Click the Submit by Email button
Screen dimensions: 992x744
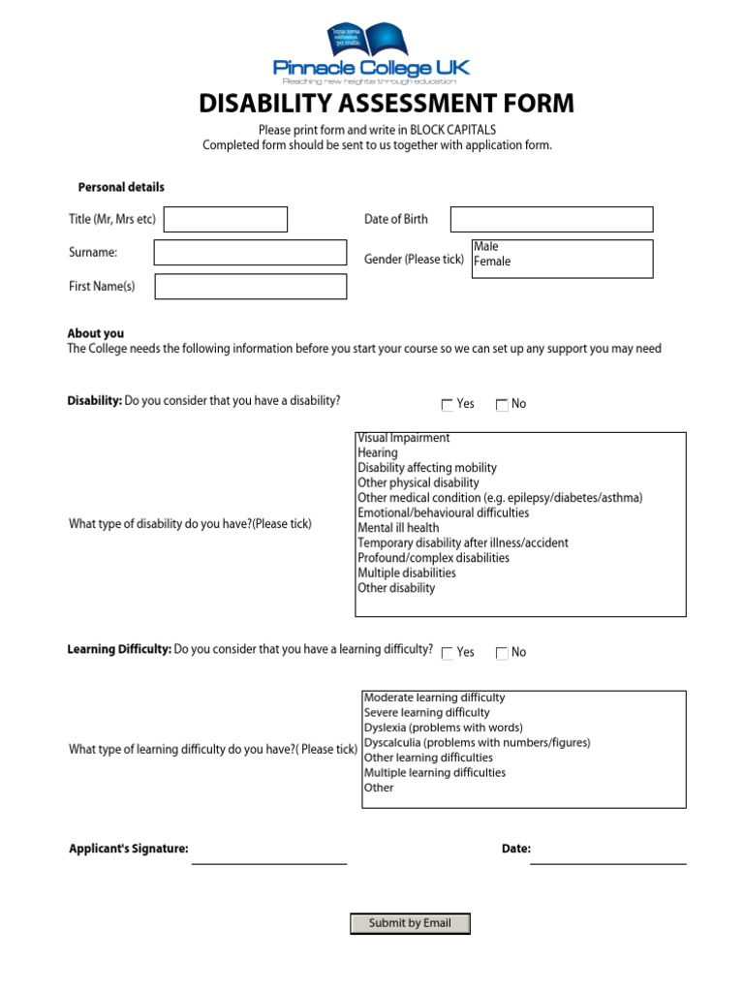coord(410,923)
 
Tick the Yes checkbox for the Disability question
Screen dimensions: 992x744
coord(447,405)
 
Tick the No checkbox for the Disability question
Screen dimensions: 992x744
coord(502,405)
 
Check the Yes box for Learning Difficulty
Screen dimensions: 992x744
coord(447,654)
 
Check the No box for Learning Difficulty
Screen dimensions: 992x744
coord(502,654)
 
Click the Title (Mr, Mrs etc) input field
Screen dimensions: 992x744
coord(226,220)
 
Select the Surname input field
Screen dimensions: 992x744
coord(250,253)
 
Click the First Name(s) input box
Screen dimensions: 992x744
coord(250,287)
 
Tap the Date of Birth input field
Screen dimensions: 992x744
coord(551,219)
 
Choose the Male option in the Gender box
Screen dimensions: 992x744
coord(486,247)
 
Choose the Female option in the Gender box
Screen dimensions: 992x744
coord(492,262)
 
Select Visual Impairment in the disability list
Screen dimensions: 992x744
coord(404,438)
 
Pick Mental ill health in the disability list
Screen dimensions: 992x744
coord(398,528)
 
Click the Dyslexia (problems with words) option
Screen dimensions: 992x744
coord(443,728)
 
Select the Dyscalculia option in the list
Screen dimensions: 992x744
coord(477,743)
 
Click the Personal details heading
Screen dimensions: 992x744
coord(121,187)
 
